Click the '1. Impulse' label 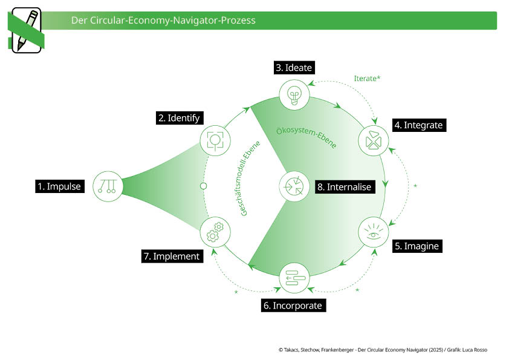click(59, 186)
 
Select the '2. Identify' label click(179, 118)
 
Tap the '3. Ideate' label click(294, 68)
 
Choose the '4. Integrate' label click(418, 125)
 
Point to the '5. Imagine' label click(417, 246)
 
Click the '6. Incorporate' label click(293, 306)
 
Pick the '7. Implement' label click(172, 256)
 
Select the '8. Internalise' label click(344, 187)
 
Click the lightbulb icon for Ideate click(294, 95)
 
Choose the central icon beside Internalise click(294, 186)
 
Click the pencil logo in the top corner click(26, 30)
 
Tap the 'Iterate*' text click(367, 78)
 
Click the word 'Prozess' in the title click(238, 21)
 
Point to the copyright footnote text click(383, 350)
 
